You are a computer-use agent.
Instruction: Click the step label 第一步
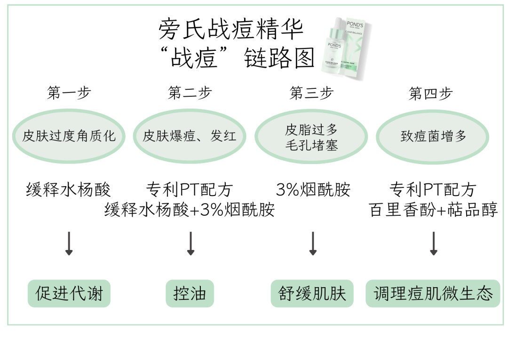pos(69,93)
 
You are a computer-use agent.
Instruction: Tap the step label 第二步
pos(190,93)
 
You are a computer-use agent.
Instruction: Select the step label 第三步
pos(311,93)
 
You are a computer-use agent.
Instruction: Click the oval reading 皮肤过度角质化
pos(69,136)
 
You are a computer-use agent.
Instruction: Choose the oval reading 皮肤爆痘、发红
pos(190,136)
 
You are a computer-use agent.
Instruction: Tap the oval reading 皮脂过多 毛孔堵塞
pos(311,137)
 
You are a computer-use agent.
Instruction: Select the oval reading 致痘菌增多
pos(433,137)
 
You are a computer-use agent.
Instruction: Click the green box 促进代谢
pos(69,294)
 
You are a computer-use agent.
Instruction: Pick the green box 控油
pos(190,294)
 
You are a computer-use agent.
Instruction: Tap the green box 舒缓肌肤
pos(312,294)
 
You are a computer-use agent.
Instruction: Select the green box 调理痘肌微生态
pos(433,294)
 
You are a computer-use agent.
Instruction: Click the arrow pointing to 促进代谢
pos(69,243)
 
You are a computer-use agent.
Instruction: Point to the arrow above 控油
pos(190,243)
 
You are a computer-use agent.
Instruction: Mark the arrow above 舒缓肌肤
pos(312,243)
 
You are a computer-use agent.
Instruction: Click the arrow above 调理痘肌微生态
pos(434,243)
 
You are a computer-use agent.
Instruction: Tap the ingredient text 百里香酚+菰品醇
pos(433,210)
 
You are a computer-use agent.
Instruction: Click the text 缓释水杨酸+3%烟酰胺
pos(190,210)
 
